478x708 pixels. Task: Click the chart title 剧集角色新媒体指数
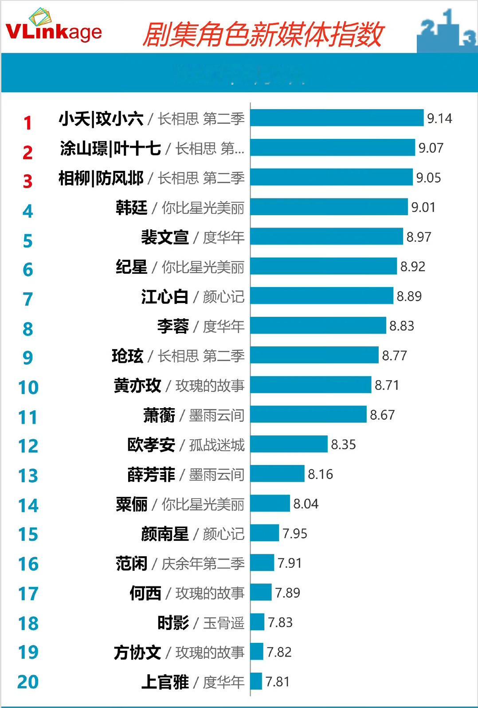(x=263, y=35)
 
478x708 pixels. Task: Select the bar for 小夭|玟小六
(x=337, y=118)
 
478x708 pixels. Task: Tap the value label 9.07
(x=431, y=148)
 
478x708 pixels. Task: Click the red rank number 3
(x=27, y=181)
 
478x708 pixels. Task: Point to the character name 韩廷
(x=131, y=208)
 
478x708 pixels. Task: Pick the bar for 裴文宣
(x=327, y=236)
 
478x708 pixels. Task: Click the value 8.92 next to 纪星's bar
(x=412, y=266)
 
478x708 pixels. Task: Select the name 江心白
(x=165, y=296)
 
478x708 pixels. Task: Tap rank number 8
(x=27, y=329)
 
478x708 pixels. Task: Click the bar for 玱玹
(x=314, y=355)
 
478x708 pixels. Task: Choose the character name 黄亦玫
(x=137, y=385)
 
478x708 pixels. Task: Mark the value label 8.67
(x=382, y=415)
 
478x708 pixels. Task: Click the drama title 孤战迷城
(x=217, y=445)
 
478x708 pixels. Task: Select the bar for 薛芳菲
(x=278, y=474)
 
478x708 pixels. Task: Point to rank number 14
(x=28, y=505)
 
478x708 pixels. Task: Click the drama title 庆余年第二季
(x=203, y=563)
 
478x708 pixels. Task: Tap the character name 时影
(x=173, y=623)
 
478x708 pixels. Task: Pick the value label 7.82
(x=279, y=652)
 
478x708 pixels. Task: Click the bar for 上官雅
(x=256, y=681)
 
